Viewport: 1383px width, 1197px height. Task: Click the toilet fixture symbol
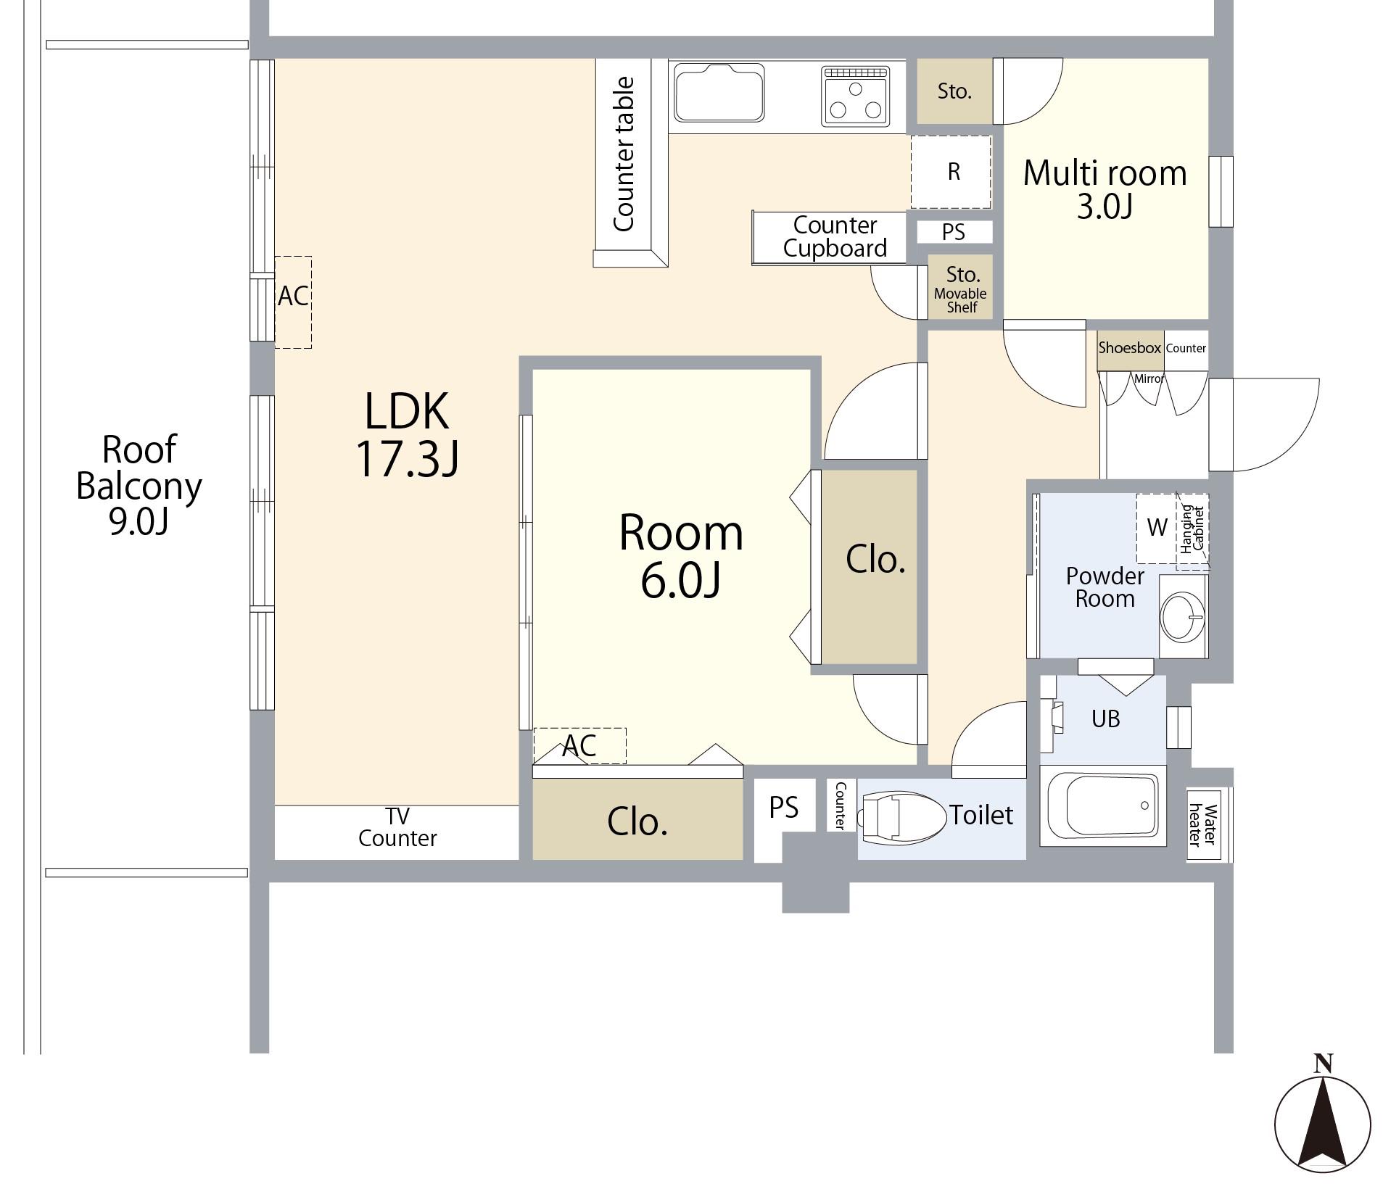point(901,816)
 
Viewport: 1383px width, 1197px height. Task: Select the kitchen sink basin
point(719,93)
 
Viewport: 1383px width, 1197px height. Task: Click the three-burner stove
point(856,96)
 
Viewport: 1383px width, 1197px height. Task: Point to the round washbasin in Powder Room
point(1182,616)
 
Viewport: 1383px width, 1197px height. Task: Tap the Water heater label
point(1201,824)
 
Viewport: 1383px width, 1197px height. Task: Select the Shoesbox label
point(1129,348)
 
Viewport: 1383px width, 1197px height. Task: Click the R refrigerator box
point(951,172)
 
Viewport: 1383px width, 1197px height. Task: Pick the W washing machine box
point(1157,528)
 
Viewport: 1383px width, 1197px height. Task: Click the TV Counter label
point(397,827)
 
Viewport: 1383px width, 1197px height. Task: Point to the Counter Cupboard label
point(835,236)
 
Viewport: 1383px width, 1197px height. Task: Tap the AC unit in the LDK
point(293,302)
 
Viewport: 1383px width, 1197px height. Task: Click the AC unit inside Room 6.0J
point(579,745)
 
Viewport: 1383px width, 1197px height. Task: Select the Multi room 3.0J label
point(1105,189)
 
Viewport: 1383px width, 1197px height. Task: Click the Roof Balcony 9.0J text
point(139,484)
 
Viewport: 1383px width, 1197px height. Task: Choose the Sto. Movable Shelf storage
point(961,287)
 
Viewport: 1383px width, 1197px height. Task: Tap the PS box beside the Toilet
point(783,807)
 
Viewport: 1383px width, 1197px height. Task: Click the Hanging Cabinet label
point(1192,529)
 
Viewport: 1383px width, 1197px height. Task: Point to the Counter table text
point(624,154)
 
